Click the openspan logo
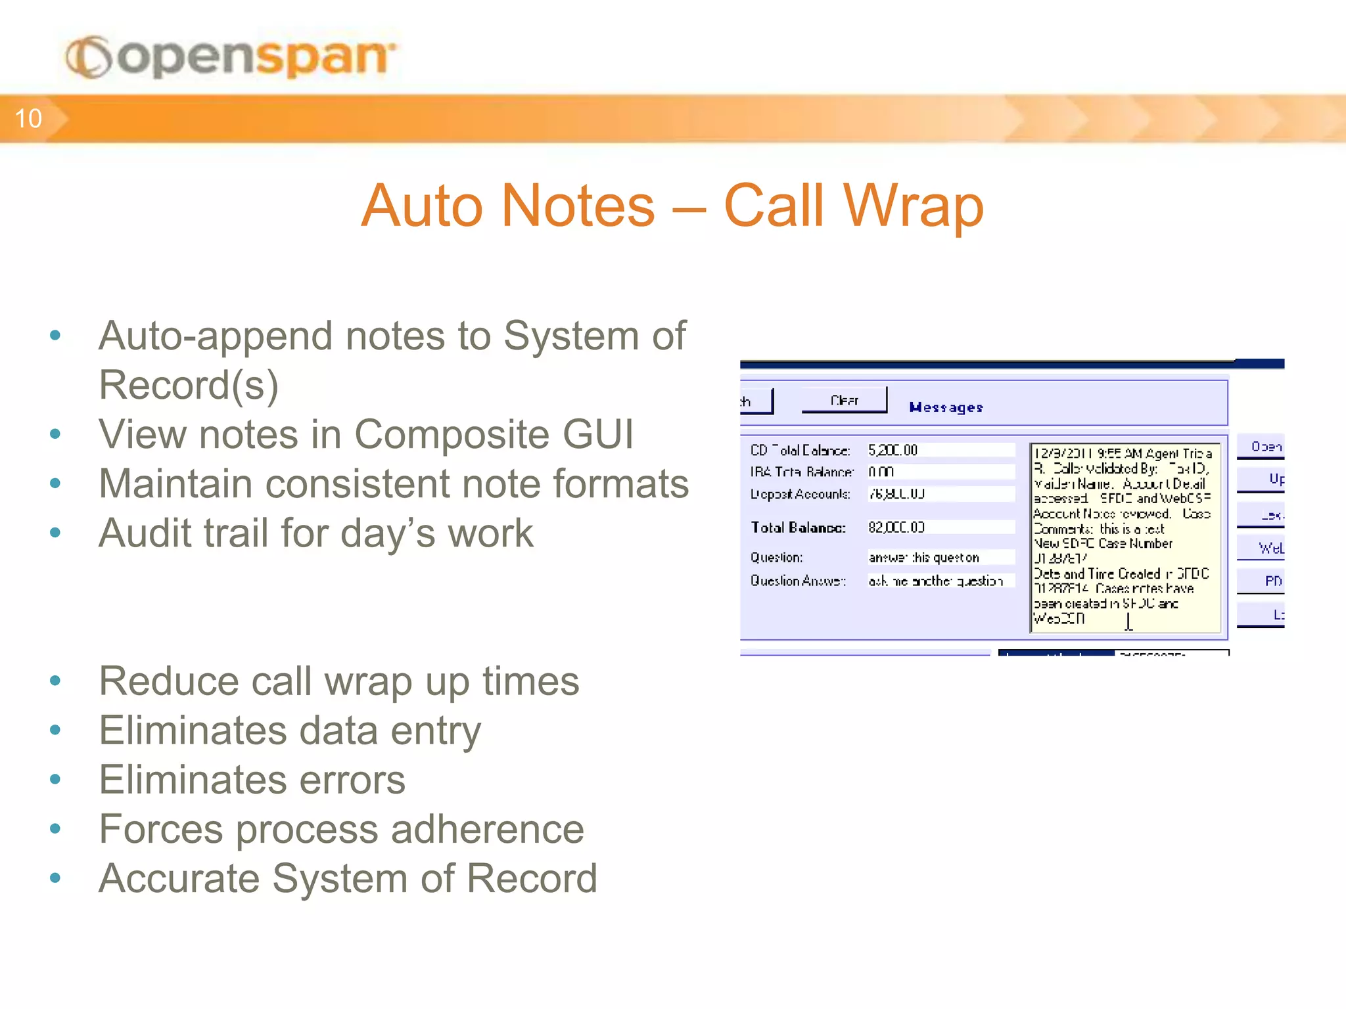pyautogui.click(x=231, y=58)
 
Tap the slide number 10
pyautogui.click(x=28, y=119)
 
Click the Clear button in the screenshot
pyautogui.click(x=844, y=400)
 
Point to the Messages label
pyautogui.click(x=946, y=407)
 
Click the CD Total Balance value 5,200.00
pyautogui.click(x=893, y=450)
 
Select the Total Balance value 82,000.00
pyautogui.click(x=896, y=527)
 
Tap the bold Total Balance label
pyautogui.click(x=798, y=527)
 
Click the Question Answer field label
pyautogui.click(x=798, y=581)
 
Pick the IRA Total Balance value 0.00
pyautogui.click(x=881, y=472)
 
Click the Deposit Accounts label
pyautogui.click(x=800, y=494)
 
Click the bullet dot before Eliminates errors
pyautogui.click(x=55, y=780)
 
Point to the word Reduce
pyautogui.click(x=168, y=681)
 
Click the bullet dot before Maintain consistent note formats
pyautogui.click(x=55, y=483)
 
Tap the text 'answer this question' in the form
pyautogui.click(x=923, y=558)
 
